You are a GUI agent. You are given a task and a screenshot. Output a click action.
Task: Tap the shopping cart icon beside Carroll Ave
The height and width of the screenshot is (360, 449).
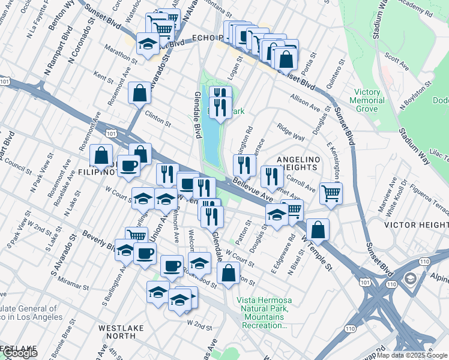(x=331, y=193)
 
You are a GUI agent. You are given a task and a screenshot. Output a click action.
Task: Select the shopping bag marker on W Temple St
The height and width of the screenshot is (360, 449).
(x=318, y=229)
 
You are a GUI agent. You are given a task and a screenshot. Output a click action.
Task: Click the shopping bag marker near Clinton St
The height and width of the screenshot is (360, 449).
(x=139, y=93)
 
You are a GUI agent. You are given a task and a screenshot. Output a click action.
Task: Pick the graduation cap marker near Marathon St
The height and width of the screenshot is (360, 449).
(x=147, y=44)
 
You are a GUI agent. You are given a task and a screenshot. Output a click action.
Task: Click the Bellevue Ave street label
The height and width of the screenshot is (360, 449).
(x=253, y=189)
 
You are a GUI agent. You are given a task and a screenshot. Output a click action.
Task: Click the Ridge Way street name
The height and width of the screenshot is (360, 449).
(x=291, y=132)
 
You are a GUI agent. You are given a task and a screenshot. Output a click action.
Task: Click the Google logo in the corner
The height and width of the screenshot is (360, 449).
(x=20, y=353)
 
